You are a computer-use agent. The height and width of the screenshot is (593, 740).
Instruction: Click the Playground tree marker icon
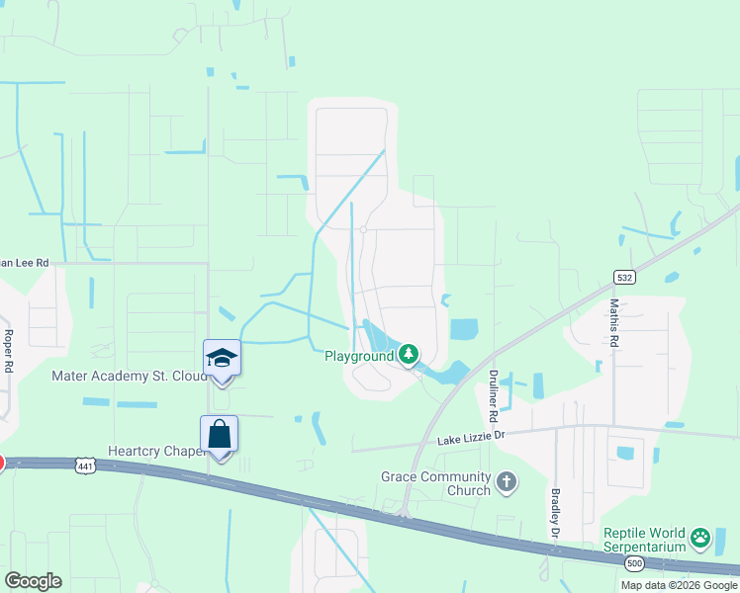[x=408, y=354]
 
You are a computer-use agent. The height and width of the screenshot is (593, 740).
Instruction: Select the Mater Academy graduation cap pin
[x=222, y=358]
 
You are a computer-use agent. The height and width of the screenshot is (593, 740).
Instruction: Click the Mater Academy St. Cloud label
[x=128, y=377]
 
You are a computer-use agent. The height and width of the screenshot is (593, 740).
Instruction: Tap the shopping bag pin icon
[x=219, y=435]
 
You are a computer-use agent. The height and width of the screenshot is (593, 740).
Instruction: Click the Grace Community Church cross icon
[x=506, y=482]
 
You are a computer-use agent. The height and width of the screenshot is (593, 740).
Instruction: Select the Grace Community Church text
[x=435, y=483]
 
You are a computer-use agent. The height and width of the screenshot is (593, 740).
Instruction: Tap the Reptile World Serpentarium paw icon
[x=700, y=539]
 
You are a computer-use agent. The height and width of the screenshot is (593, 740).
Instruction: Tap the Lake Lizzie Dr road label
[x=471, y=436]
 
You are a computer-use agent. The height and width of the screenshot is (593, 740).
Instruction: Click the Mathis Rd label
[x=614, y=323]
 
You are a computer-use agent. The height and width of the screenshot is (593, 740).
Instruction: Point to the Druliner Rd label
[x=492, y=389]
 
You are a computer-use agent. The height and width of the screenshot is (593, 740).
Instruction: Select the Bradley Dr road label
[x=554, y=511]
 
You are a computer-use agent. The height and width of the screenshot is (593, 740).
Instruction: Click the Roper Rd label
[x=8, y=351]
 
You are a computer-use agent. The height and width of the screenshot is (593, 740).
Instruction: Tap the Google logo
[x=33, y=580]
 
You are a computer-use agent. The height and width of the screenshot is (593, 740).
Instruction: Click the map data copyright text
[x=679, y=585]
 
